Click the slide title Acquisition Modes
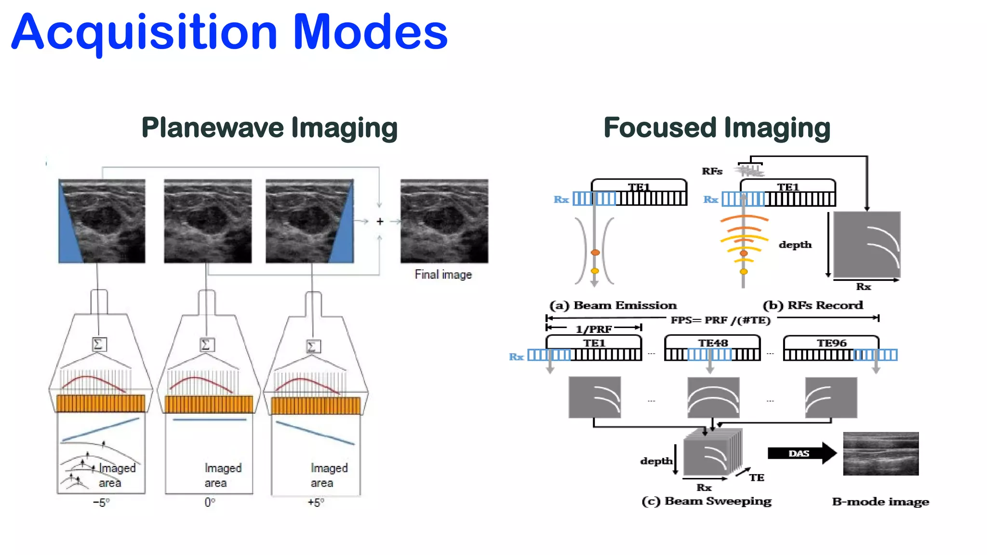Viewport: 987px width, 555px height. (229, 33)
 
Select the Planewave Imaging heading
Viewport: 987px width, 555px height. (269, 128)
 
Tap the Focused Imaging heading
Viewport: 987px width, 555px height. (717, 128)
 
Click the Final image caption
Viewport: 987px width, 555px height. (443, 275)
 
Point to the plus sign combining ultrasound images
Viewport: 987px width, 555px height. (380, 221)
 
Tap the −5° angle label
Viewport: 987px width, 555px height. (101, 502)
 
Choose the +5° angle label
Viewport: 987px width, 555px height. (316, 502)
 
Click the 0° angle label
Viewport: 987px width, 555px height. (210, 502)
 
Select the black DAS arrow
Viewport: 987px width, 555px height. (801, 453)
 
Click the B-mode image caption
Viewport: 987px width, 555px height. (880, 502)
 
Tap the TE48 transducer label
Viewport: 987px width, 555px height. (713, 343)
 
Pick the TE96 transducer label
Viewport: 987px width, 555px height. (831, 343)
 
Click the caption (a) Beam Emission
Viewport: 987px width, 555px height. (613, 305)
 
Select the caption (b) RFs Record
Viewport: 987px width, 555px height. (813, 305)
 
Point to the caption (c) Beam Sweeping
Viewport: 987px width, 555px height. (707, 501)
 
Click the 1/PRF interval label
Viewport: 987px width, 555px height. (594, 329)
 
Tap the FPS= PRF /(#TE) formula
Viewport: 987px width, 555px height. (720, 320)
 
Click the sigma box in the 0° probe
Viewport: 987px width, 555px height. (206, 345)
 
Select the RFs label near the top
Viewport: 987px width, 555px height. (712, 172)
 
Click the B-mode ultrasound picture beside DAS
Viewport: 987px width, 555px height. (880, 453)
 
